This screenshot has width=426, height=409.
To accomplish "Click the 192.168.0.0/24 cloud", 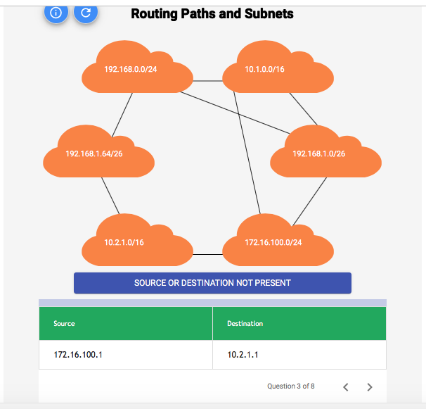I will click(137, 69).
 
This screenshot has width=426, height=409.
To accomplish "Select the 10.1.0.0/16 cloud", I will click(277, 69).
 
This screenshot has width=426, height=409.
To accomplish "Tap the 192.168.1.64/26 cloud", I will click(98, 153).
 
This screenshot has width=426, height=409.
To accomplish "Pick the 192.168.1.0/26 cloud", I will click(325, 153).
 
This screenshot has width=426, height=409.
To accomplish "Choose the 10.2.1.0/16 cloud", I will click(137, 242).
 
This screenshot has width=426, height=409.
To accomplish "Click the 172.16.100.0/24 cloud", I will click(277, 242).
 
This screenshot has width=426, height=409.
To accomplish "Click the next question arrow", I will click(370, 386).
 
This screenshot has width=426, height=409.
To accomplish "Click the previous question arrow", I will click(345, 386).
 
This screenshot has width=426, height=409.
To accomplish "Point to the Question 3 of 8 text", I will click(291, 386).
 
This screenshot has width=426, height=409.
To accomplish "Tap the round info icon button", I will click(56, 12).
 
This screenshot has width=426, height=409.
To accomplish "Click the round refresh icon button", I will click(86, 12).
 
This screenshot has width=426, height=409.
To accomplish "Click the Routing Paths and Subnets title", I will click(212, 13).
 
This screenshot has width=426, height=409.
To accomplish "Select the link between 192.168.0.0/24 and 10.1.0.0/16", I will click(207, 81).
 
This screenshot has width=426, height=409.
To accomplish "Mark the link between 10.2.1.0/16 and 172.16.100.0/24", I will click(207, 253).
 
